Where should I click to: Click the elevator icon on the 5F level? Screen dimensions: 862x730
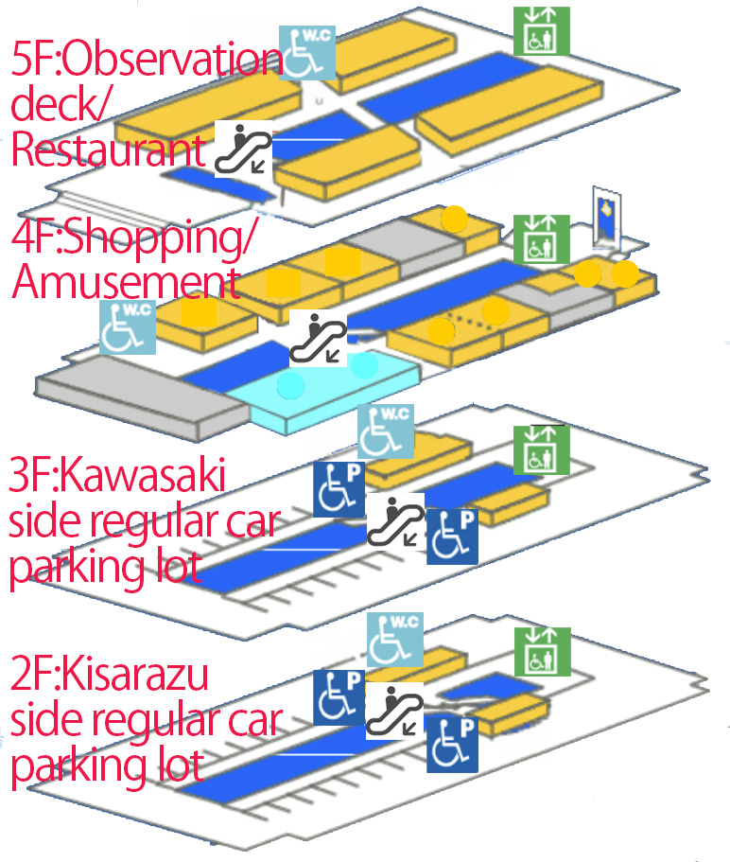541,30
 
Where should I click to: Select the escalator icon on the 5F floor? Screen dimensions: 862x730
243,149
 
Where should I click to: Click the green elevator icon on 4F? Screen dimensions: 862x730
541,238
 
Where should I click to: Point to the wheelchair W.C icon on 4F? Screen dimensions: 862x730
127,327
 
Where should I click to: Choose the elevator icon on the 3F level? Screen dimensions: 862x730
541,449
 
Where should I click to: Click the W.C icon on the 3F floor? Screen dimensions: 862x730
385,431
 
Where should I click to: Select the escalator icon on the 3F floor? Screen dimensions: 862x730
393,520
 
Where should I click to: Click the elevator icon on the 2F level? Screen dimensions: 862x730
542,652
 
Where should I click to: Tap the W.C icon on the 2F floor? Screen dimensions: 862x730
394,639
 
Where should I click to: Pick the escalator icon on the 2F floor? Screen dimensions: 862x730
393,711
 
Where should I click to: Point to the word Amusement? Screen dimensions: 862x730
123,282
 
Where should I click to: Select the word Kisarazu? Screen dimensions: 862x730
136,677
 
